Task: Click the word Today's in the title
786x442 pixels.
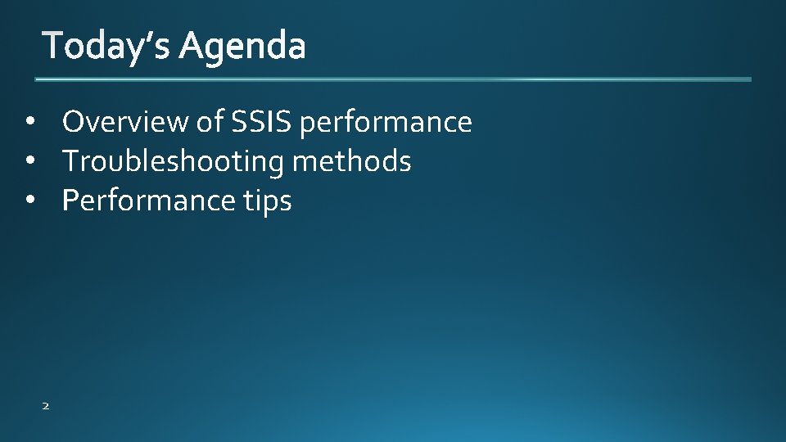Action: pyautogui.click(x=107, y=46)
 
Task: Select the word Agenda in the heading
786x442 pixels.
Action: pyautogui.click(x=243, y=47)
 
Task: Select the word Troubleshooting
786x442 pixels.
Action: pyautogui.click(x=173, y=162)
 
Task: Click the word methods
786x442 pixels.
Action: pyautogui.click(x=352, y=161)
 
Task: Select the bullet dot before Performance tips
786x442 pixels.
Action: pyautogui.click(x=30, y=201)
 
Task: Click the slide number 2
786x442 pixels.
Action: pyautogui.click(x=45, y=404)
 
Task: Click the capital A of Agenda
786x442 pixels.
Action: pyautogui.click(x=192, y=46)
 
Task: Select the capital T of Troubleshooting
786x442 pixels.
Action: pyautogui.click(x=71, y=161)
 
